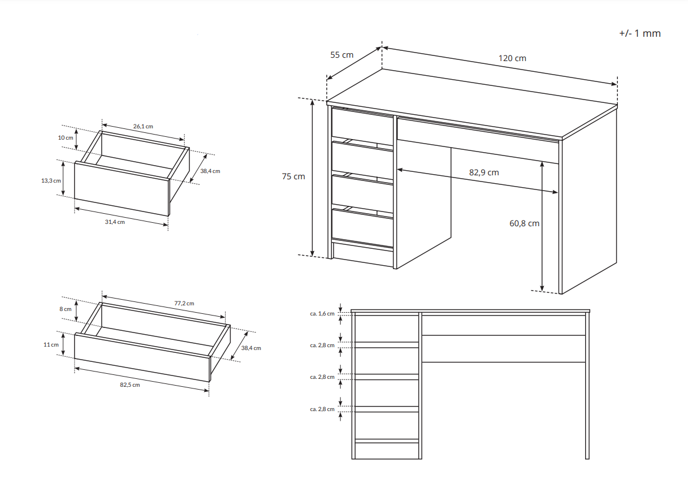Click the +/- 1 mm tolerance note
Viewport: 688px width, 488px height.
coord(640,33)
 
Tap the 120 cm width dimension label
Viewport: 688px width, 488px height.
coord(512,58)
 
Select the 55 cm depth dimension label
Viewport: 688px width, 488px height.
coord(342,55)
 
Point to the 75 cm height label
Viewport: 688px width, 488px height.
coord(293,176)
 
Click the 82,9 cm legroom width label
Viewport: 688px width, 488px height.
coord(484,172)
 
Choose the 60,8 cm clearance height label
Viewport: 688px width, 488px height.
coord(524,223)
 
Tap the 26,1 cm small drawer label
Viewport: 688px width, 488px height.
coord(143,126)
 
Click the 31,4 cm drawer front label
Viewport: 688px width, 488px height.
coord(115,222)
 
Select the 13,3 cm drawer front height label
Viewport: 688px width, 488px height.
coord(51,181)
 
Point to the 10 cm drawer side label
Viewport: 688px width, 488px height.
coord(66,137)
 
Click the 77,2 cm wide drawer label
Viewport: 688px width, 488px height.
coord(184,303)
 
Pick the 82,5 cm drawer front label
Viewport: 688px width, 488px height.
coord(130,385)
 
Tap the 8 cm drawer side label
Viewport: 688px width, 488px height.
coord(66,309)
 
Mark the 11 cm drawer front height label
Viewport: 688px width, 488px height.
coord(51,345)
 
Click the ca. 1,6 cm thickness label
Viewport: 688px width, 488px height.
coord(322,314)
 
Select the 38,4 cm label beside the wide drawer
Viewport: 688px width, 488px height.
coord(251,348)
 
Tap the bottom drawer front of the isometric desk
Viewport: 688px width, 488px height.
coord(362,228)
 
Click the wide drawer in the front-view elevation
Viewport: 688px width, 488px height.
coord(504,326)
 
